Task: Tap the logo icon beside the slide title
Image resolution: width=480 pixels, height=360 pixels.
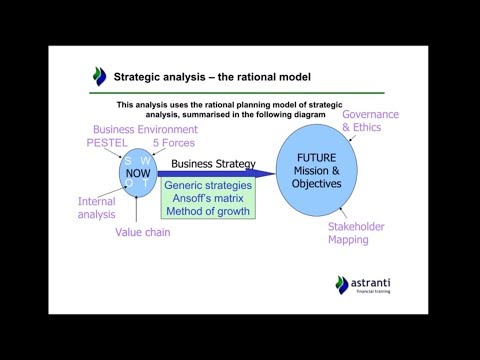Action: (98, 76)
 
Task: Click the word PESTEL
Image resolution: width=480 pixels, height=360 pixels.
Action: (108, 143)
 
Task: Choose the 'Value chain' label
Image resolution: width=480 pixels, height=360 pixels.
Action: (142, 232)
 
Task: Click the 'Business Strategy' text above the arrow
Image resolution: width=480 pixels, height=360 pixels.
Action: (213, 163)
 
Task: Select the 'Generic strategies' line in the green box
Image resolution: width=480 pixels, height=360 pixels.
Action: (209, 186)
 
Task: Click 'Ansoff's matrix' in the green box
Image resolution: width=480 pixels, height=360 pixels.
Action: (209, 198)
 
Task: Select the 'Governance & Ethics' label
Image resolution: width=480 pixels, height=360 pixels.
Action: (370, 121)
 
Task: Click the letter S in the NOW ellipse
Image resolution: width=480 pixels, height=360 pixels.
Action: (128, 160)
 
